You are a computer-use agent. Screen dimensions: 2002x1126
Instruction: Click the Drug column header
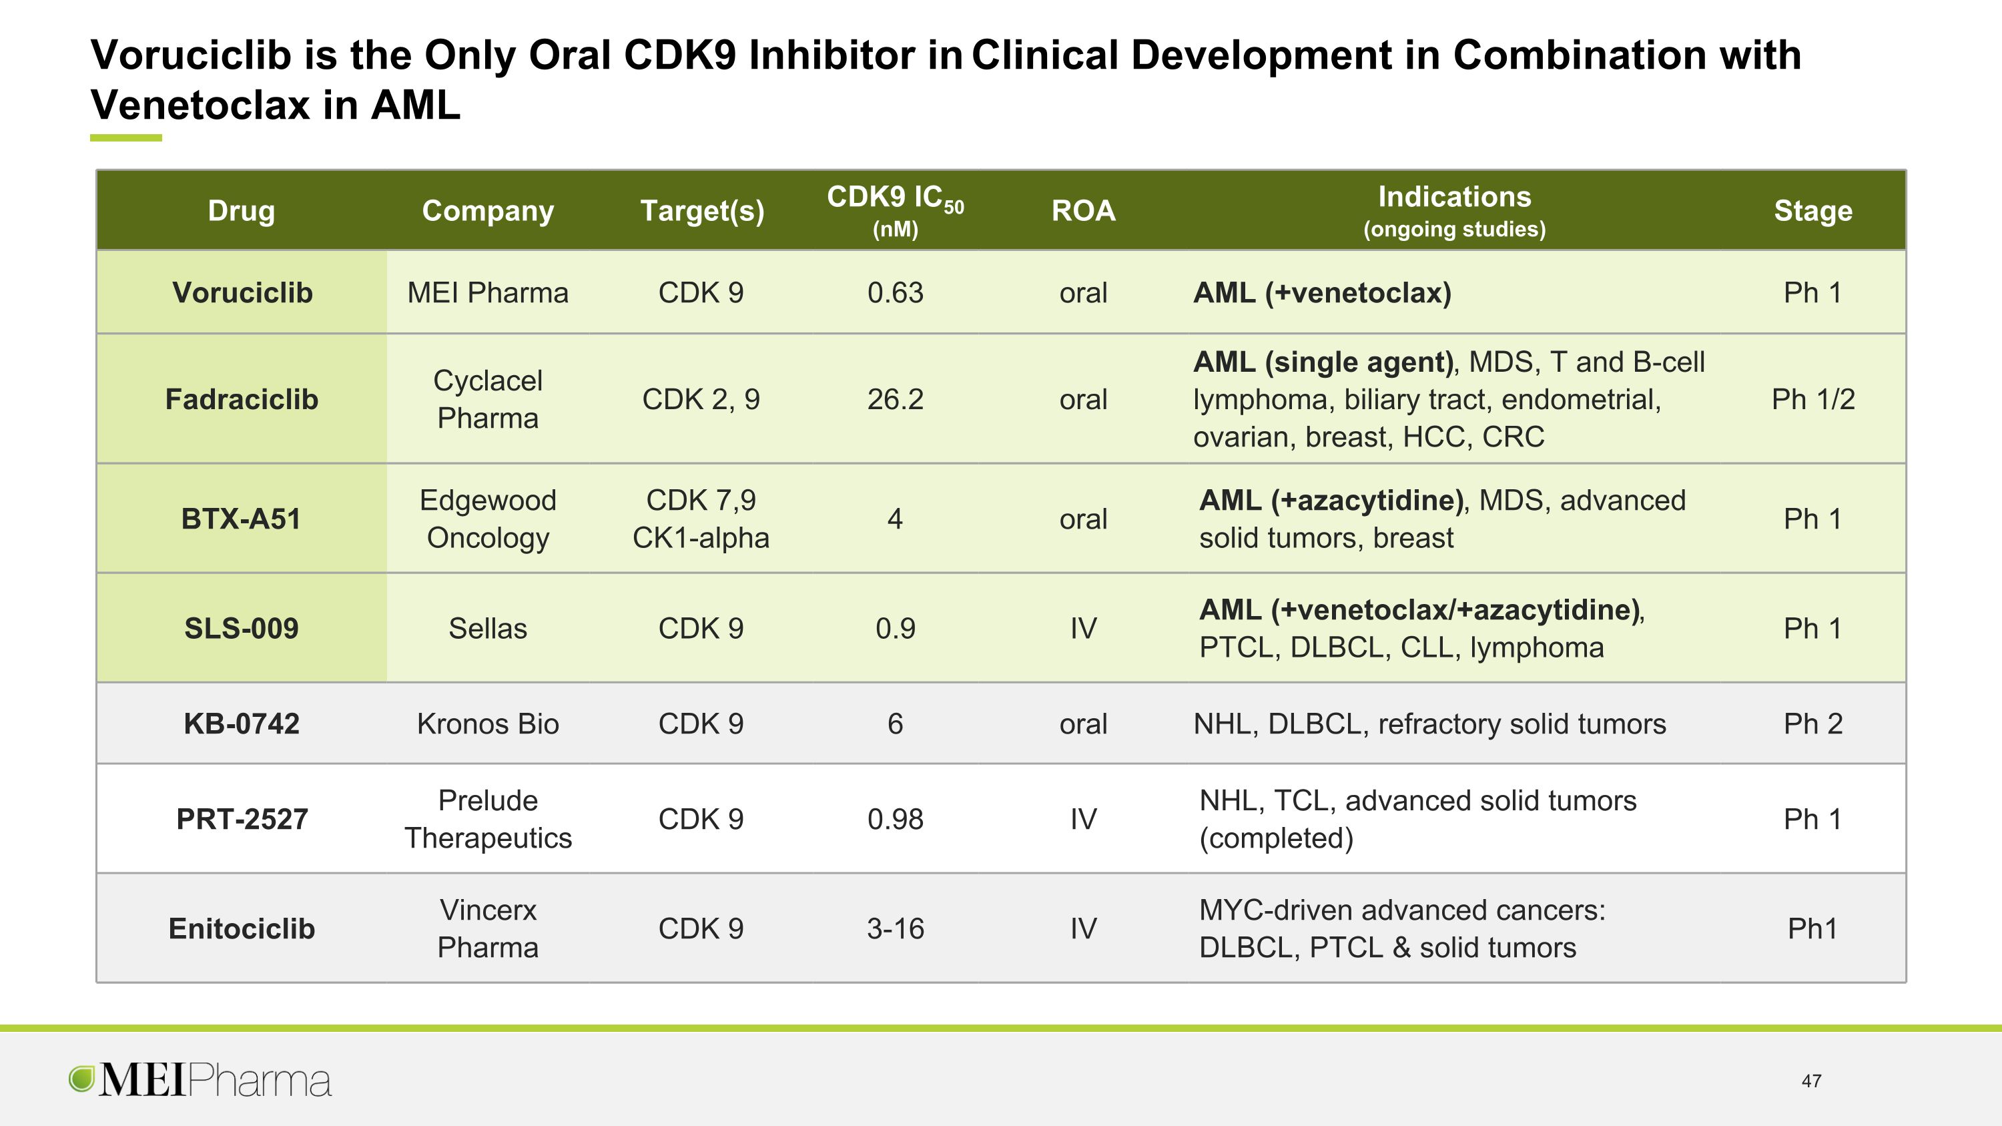[x=241, y=211]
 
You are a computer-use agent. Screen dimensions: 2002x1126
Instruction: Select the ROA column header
[x=1082, y=211]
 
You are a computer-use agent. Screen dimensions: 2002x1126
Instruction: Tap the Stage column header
[x=1812, y=211]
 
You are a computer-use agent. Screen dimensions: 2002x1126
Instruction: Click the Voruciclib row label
[x=242, y=293]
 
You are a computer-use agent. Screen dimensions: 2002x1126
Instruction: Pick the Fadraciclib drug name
[x=241, y=399]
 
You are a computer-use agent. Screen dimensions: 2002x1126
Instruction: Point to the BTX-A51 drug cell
[x=241, y=519]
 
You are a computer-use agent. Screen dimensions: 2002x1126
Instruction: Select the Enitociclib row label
[x=241, y=928]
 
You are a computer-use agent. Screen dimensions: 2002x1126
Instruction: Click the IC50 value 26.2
[x=896, y=399]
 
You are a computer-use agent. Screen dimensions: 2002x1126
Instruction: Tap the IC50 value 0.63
[x=896, y=293]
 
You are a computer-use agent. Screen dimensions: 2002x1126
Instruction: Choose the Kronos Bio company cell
[x=487, y=724]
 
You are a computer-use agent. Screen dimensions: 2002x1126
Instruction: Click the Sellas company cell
[x=487, y=629]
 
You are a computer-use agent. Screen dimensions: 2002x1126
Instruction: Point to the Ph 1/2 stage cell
[x=1812, y=399]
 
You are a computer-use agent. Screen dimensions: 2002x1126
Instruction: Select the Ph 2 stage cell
[x=1812, y=724]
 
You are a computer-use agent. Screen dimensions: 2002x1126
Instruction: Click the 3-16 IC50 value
[x=896, y=928]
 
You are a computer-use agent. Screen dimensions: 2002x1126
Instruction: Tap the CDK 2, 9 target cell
[x=700, y=399]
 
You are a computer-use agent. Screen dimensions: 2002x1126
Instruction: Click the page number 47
[x=1812, y=1081]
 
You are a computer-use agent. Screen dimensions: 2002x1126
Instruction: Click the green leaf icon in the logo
[x=81, y=1079]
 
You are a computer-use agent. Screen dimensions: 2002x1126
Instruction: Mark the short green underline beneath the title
[x=126, y=138]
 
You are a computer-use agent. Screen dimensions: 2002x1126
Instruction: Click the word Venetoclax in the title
[x=199, y=105]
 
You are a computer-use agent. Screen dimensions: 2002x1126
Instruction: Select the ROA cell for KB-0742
[x=1082, y=724]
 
